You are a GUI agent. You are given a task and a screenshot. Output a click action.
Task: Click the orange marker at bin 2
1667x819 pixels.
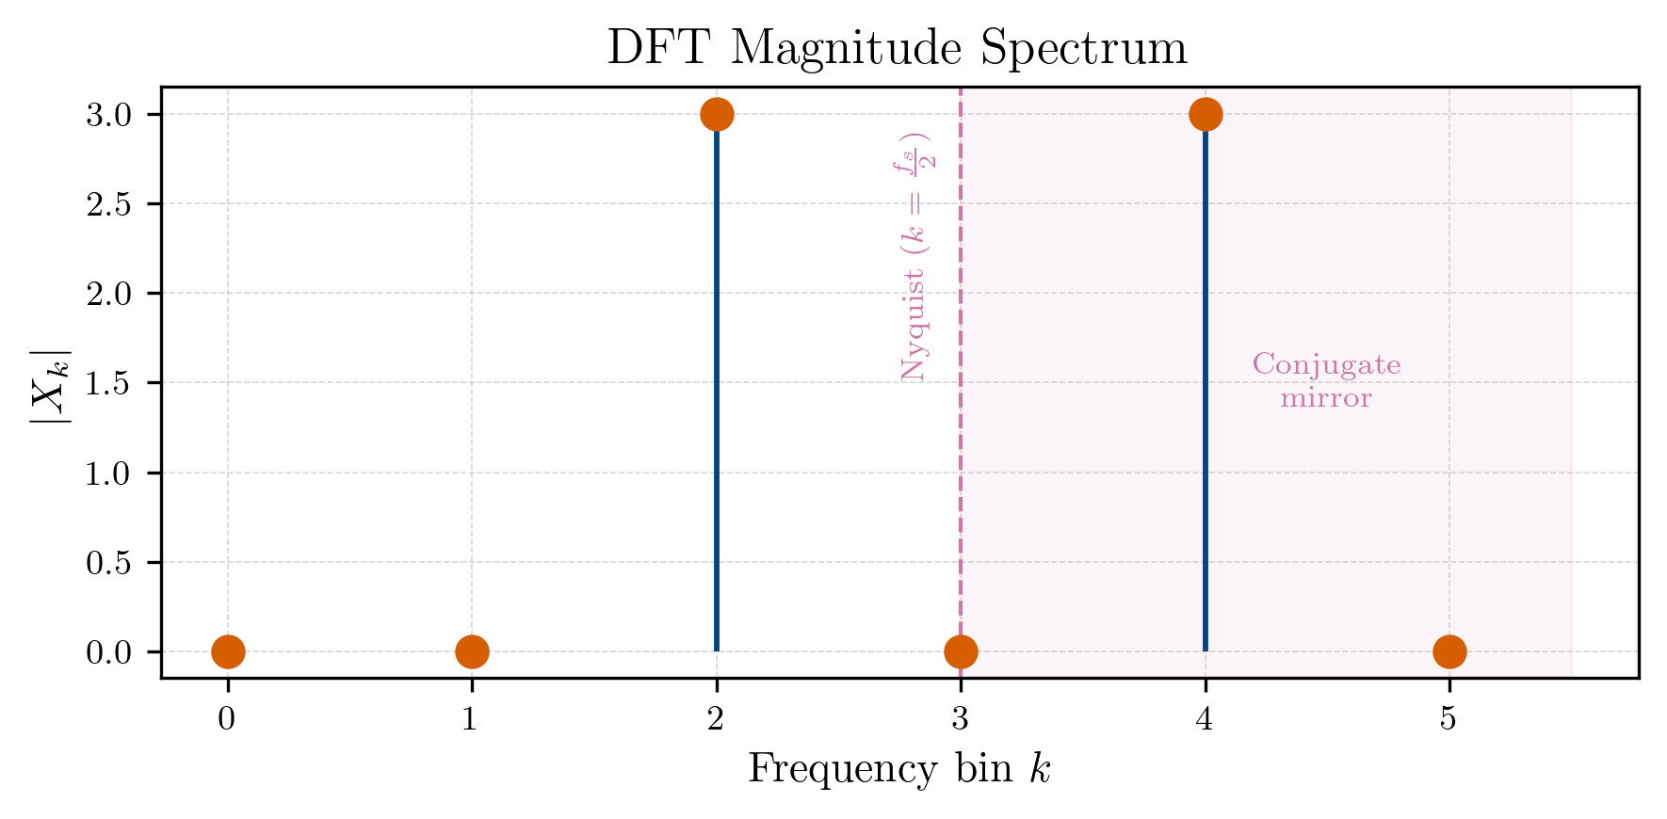(x=717, y=115)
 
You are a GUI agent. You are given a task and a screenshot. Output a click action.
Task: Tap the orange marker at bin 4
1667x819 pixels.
(x=1206, y=115)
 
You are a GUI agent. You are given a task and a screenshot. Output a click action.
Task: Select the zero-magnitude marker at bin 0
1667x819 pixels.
(x=228, y=651)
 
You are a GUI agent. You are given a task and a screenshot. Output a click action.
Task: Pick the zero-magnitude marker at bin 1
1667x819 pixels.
(x=472, y=651)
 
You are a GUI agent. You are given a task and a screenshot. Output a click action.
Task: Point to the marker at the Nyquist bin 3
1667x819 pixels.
(x=961, y=651)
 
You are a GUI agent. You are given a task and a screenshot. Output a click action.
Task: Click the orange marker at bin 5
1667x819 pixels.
(x=1449, y=651)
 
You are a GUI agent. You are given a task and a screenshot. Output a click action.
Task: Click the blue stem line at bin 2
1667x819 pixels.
(x=717, y=395)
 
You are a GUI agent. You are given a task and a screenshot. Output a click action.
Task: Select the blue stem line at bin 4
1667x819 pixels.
(x=1206, y=395)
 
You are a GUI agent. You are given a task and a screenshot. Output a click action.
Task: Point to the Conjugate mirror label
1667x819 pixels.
(x=1326, y=381)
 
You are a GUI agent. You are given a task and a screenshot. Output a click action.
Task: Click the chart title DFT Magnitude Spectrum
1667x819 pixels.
(x=897, y=48)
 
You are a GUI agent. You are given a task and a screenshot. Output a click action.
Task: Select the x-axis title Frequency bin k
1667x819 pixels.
(x=898, y=769)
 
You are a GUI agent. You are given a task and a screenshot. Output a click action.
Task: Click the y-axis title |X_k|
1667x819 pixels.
(x=50, y=383)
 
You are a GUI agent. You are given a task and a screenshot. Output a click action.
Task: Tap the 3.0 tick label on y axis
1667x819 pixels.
(x=108, y=115)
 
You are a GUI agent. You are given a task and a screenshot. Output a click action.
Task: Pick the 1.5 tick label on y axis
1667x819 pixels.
(x=108, y=383)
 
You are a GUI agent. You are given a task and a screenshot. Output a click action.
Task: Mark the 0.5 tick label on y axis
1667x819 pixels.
(x=108, y=563)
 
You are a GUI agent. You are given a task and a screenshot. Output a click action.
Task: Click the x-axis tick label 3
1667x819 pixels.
(x=960, y=720)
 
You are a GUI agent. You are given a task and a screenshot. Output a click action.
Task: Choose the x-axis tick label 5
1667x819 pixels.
(x=1449, y=720)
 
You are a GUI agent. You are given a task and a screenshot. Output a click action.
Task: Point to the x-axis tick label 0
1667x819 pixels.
(x=227, y=720)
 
